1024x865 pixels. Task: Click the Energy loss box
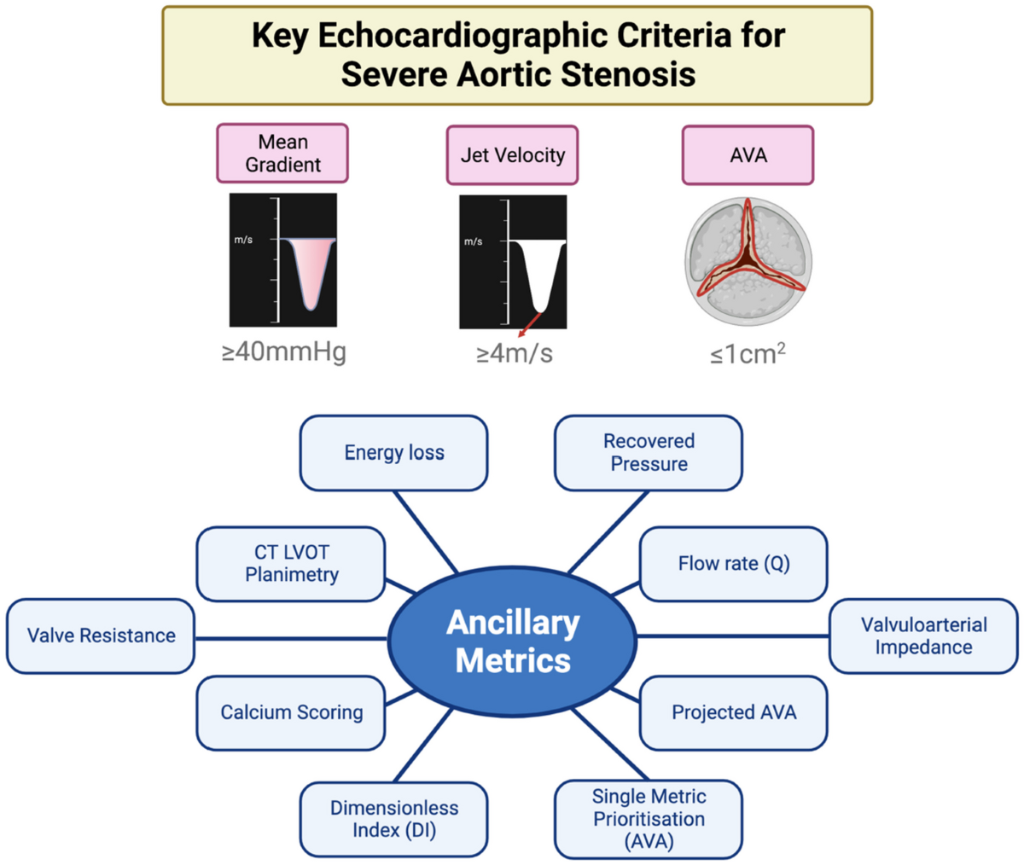pyautogui.click(x=393, y=453)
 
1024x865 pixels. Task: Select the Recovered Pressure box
pyautogui.click(x=649, y=453)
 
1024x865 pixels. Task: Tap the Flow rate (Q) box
pyautogui.click(x=733, y=564)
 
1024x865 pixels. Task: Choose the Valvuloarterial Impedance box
pyautogui.click(x=923, y=636)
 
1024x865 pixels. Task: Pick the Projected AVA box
pyautogui.click(x=733, y=712)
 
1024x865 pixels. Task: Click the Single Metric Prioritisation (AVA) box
pyautogui.click(x=649, y=819)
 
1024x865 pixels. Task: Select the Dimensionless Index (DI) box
pyautogui.click(x=393, y=819)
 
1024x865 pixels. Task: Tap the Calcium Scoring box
pyautogui.click(x=291, y=712)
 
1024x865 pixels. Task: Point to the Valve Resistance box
pyautogui.click(x=101, y=636)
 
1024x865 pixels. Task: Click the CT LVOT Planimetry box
pyautogui.click(x=291, y=564)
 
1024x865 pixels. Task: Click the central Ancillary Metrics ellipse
pyautogui.click(x=513, y=641)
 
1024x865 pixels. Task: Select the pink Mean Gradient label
pyautogui.click(x=282, y=154)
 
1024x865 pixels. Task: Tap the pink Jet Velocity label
pyautogui.click(x=512, y=155)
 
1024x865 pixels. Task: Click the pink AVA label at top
pyautogui.click(x=748, y=155)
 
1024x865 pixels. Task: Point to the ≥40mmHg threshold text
pyautogui.click(x=283, y=351)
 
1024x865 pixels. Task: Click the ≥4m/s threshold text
pyautogui.click(x=514, y=352)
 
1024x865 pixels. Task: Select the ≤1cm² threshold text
pyautogui.click(x=748, y=352)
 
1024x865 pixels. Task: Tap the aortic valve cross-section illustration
pyautogui.click(x=748, y=261)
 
